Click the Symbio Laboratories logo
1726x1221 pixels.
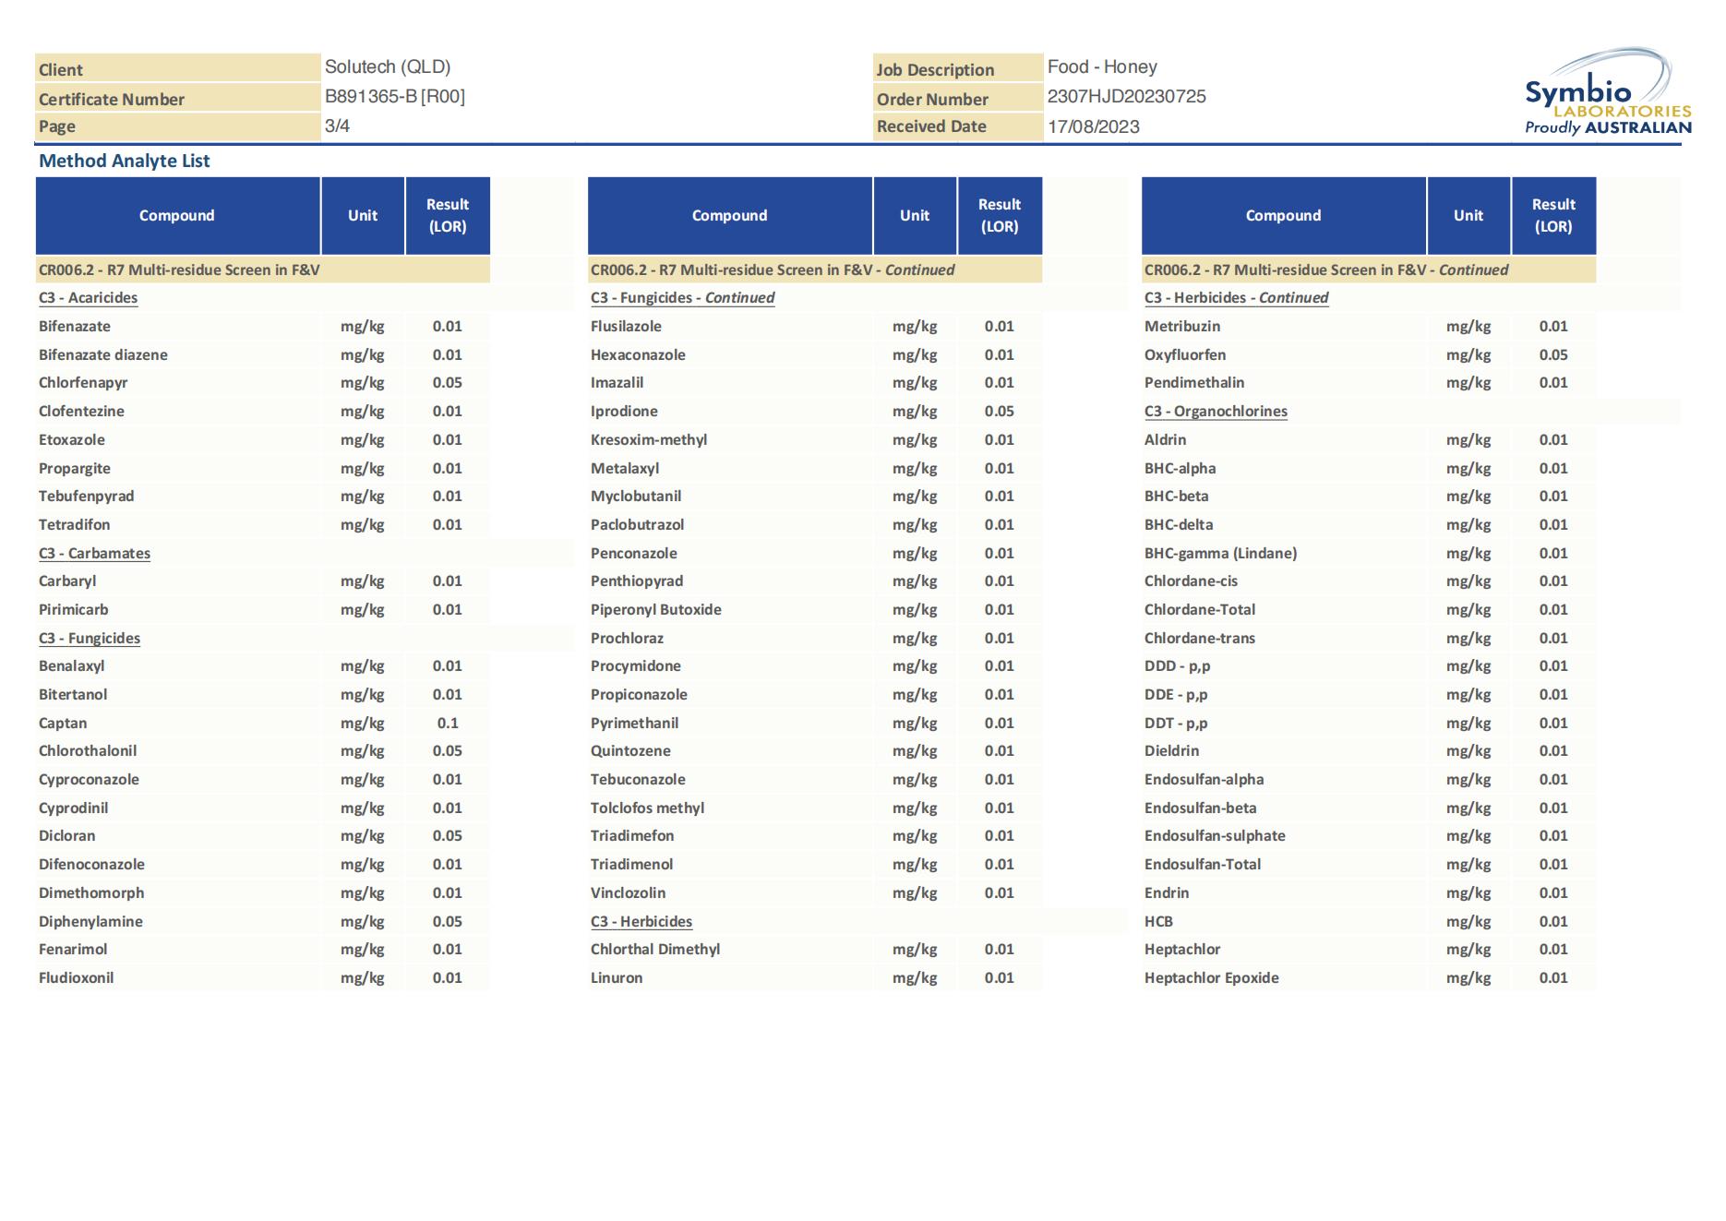pos(1607,93)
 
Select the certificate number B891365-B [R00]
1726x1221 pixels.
pos(394,97)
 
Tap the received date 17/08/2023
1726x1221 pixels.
pos(1093,126)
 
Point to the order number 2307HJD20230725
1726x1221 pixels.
pos(1126,97)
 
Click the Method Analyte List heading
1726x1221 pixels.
pos(125,161)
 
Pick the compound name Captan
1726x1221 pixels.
pos(63,723)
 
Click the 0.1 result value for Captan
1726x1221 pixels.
pos(448,723)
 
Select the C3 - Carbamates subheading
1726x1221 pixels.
pos(94,553)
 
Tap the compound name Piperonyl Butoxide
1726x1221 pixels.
pos(655,609)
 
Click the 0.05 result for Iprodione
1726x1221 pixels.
pos(999,411)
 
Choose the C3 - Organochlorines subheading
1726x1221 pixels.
pos(1216,411)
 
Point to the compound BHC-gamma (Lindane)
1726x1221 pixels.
pos(1220,553)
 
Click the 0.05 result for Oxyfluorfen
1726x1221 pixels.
pos(1552,354)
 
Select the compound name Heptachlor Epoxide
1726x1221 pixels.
pos(1211,977)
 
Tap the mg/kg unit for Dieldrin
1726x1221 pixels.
pos(1468,750)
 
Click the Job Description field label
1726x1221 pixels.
pos(935,70)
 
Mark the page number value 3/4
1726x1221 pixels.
pos(337,126)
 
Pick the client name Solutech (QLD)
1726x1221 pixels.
pos(388,67)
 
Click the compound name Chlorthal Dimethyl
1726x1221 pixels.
pos(654,949)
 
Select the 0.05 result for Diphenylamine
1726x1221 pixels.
pos(448,921)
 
